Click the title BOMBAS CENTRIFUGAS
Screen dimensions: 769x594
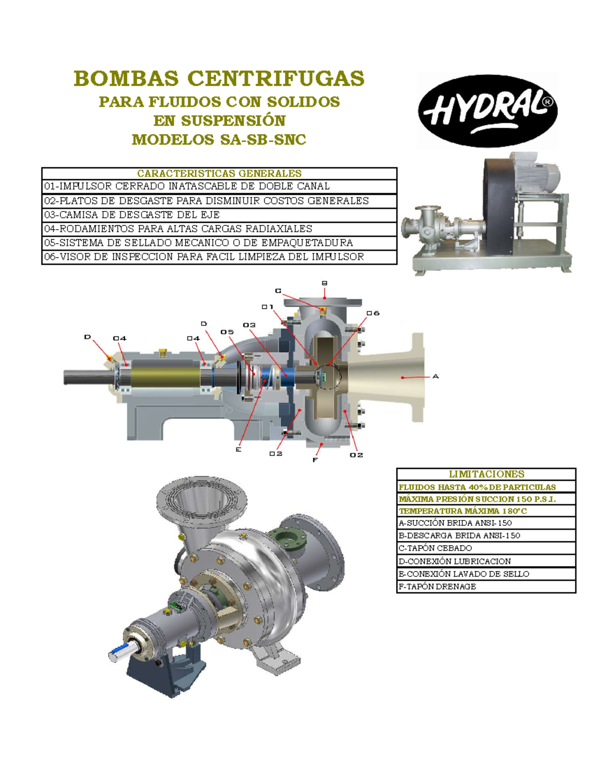coord(219,79)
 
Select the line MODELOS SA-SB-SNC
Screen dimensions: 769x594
coord(219,140)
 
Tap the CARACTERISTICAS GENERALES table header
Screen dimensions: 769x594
coord(219,173)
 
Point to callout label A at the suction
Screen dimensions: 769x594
coord(436,376)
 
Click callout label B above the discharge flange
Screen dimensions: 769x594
coord(325,283)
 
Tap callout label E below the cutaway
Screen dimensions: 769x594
coord(239,450)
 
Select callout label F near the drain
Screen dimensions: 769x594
coord(315,460)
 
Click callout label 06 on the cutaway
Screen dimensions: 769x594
coord(373,313)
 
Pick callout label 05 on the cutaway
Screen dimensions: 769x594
coord(227,332)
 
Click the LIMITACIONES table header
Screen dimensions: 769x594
coord(486,474)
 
